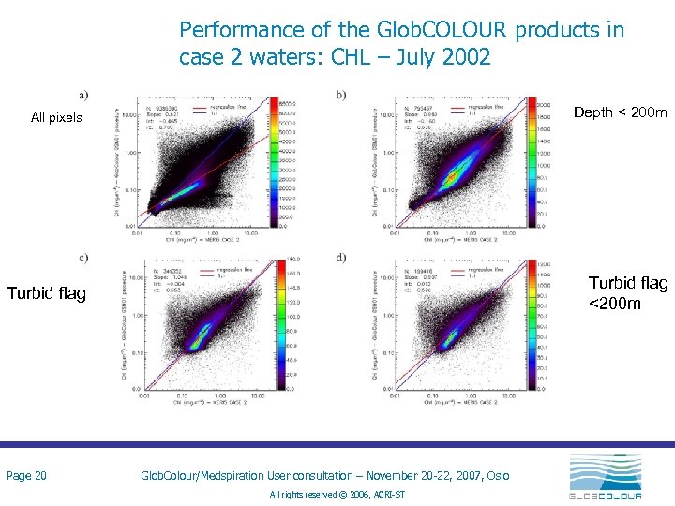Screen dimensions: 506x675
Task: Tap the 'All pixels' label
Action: [56, 118]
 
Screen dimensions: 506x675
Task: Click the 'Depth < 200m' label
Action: [620, 112]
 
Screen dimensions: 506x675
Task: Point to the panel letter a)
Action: [84, 93]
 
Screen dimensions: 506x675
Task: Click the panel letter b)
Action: [339, 93]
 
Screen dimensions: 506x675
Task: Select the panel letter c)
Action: [84, 259]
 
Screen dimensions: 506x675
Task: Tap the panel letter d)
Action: [339, 259]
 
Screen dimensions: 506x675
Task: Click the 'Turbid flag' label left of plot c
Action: [46, 294]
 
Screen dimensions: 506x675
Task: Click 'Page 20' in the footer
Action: [27, 476]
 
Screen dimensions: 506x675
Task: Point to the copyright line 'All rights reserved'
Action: [337, 494]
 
